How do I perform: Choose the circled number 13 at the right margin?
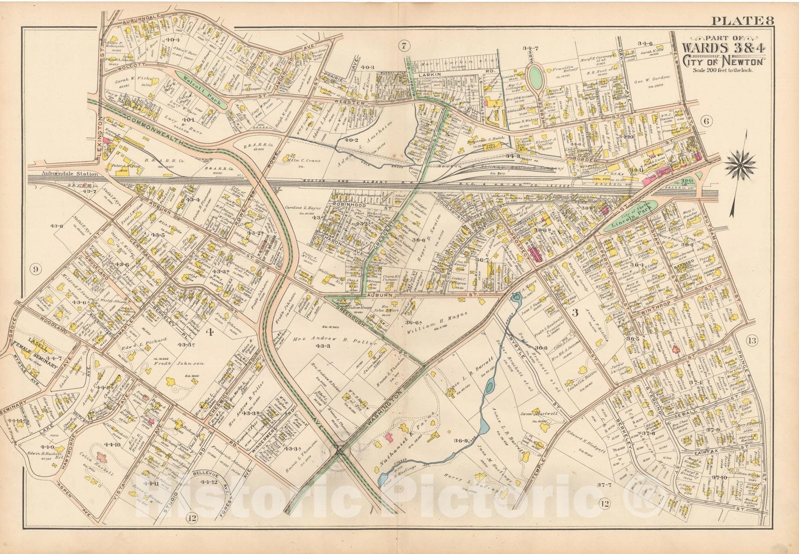coord(752,341)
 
